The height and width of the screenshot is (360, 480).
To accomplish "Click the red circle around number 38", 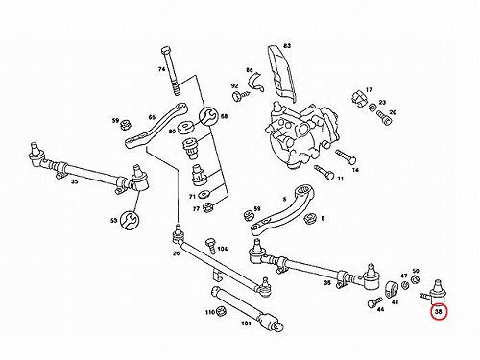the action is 439,313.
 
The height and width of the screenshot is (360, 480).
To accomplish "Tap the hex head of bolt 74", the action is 166,51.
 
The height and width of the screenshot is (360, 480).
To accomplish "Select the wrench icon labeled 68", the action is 208,116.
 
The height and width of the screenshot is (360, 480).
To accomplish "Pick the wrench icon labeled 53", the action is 130,220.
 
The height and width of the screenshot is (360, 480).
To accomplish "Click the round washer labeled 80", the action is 186,127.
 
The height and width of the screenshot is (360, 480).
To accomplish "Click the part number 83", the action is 287,46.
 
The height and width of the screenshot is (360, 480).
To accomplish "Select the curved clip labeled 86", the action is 256,82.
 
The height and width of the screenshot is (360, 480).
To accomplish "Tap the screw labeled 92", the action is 241,95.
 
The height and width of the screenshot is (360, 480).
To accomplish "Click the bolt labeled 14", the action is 346,156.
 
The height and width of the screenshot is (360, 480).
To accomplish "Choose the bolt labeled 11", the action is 324,173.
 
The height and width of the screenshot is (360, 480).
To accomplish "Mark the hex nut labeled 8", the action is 310,218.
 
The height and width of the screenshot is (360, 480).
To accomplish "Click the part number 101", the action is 246,324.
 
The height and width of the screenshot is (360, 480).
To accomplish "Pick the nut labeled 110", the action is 222,310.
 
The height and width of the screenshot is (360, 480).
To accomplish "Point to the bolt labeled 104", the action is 210,245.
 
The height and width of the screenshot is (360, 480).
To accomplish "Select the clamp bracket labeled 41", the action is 391,289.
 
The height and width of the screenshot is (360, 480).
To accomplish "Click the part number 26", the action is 176,253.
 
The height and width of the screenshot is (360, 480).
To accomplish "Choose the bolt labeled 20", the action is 383,117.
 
